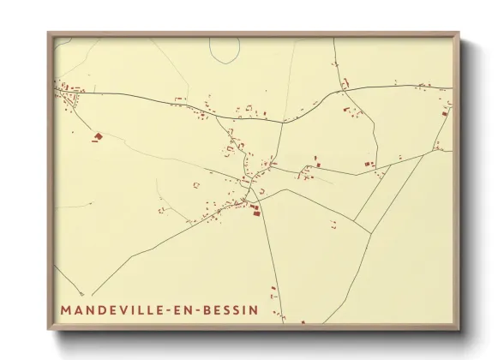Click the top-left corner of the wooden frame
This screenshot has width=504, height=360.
point(48,33)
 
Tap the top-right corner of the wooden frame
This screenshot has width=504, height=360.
point(459,33)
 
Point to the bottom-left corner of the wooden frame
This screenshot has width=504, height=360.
point(48,329)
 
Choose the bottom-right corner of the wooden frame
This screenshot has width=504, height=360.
point(459,329)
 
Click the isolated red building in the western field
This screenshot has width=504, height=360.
point(98,135)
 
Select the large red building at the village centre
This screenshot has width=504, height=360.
point(255,210)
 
